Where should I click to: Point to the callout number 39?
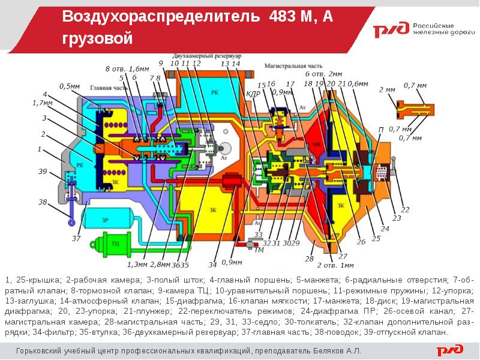(43, 172)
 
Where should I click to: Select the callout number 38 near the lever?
(43, 202)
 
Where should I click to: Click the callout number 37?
(76, 238)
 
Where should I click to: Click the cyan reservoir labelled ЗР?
(106, 220)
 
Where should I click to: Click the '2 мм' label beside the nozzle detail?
(387, 89)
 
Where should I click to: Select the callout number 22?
(406, 209)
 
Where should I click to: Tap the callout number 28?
(310, 259)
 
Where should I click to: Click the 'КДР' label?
(253, 94)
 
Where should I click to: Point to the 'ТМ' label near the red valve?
(259, 250)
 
